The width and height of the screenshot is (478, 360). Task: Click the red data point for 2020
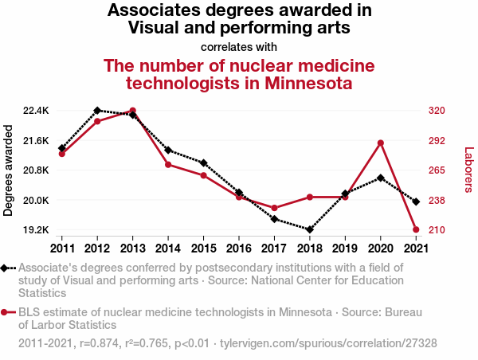point(381,143)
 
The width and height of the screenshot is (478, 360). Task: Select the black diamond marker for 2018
point(310,229)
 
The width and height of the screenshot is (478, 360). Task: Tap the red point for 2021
point(417,229)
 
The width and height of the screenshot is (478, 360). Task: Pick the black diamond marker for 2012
point(97,110)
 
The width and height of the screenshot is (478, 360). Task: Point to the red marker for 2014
point(168,164)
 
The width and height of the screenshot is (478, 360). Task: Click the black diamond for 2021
point(417,202)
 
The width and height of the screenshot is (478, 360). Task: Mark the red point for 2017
point(275,208)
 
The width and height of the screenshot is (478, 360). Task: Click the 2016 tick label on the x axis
point(239,247)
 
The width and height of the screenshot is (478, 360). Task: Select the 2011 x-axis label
point(61,247)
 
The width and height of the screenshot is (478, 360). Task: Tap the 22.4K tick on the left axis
point(36,110)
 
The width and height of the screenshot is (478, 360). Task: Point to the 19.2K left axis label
point(36,230)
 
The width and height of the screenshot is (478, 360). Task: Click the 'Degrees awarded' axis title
point(9,170)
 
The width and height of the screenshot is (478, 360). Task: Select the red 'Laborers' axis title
point(468,170)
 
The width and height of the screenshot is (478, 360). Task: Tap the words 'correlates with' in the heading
point(239,46)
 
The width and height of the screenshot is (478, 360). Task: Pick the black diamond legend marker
point(6,268)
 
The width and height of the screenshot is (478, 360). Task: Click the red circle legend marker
point(6,313)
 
